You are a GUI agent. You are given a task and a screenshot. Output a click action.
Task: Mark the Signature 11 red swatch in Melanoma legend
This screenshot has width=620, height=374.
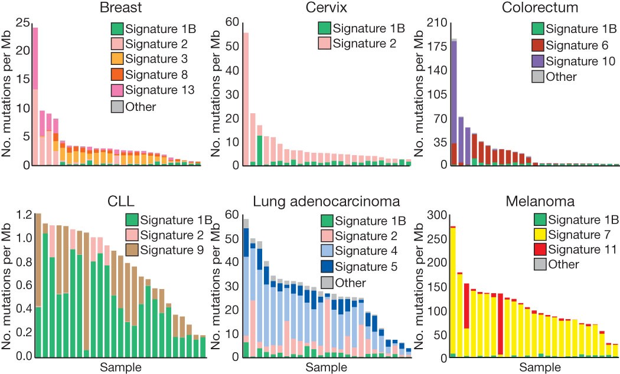[x=537, y=250]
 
